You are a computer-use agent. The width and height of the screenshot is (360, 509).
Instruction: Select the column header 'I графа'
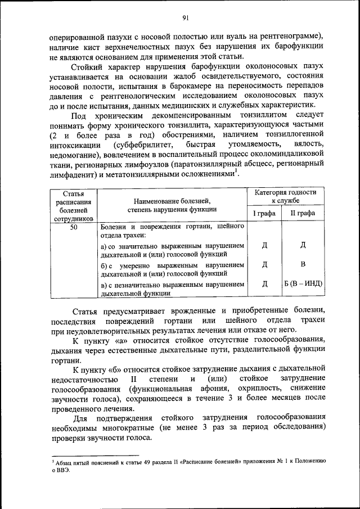[264, 213]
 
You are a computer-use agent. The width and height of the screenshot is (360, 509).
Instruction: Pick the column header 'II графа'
[303, 213]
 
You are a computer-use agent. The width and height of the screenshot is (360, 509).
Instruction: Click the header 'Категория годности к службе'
[285, 196]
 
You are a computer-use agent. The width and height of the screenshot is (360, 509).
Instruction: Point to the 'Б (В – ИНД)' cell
[303, 283]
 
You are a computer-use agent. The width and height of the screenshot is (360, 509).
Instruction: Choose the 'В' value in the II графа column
[303, 264]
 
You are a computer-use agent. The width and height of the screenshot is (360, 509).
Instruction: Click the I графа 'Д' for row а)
[264, 245]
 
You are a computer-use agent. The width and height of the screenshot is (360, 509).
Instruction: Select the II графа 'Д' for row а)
[303, 245]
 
